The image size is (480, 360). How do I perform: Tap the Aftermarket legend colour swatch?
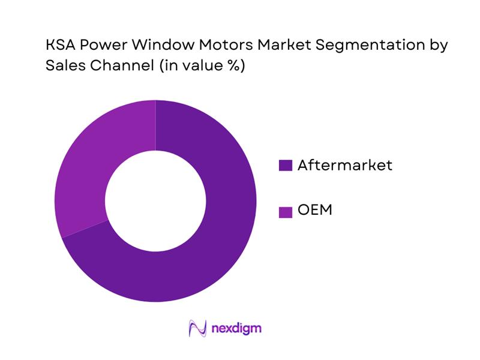286,166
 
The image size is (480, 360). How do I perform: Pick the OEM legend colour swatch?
286,211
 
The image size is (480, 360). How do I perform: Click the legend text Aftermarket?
344,165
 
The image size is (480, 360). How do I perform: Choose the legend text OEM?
314,211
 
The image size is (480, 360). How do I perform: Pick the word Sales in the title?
62,66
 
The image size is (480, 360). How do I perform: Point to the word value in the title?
199,66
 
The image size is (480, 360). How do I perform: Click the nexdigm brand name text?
237,328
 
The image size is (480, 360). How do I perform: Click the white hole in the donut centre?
156,201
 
